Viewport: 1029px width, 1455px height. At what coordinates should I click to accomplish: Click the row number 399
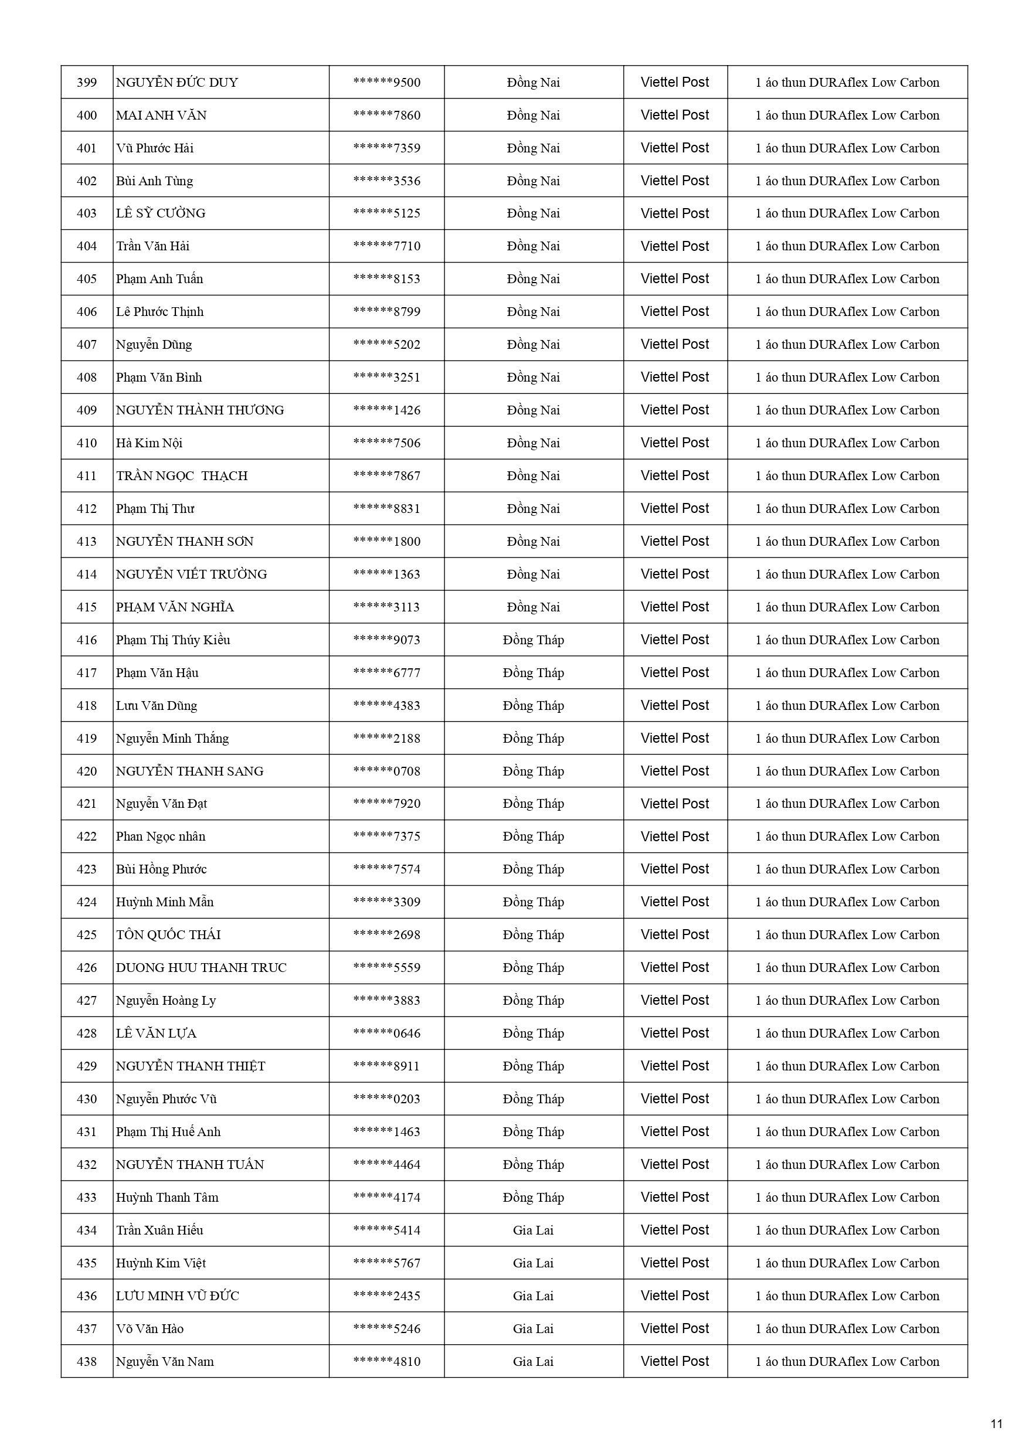tap(87, 83)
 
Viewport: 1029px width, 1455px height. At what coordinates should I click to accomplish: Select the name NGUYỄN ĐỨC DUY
tap(177, 83)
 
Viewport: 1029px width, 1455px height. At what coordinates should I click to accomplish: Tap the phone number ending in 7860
tap(387, 115)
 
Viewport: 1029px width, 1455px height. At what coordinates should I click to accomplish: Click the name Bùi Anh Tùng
tap(154, 181)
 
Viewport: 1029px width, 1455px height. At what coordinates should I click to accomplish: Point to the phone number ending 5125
tap(387, 213)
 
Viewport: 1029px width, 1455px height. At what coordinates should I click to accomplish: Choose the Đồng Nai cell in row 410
tap(533, 443)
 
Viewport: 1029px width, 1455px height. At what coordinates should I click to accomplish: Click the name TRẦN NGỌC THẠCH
tap(181, 476)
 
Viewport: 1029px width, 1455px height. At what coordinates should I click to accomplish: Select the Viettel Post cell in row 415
tap(675, 607)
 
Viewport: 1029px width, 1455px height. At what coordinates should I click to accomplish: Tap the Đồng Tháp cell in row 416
tap(533, 640)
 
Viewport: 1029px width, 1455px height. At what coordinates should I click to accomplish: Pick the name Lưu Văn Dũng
tap(156, 705)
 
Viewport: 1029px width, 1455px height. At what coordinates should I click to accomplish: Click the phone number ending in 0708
tap(387, 771)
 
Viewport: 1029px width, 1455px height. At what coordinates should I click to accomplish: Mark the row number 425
tap(87, 934)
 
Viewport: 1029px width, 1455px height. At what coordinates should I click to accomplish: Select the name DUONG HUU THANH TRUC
tap(201, 968)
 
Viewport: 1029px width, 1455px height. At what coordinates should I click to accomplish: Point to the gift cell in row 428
tap(847, 1034)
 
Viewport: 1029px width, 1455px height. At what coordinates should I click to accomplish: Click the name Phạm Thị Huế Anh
tap(168, 1132)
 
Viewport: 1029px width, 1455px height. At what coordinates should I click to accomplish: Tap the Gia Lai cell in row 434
tap(533, 1230)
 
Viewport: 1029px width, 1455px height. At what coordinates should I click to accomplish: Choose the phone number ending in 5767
tap(387, 1263)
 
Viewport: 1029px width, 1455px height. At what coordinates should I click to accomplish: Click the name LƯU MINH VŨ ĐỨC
tap(177, 1296)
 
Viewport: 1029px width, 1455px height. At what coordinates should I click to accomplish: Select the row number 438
tap(87, 1361)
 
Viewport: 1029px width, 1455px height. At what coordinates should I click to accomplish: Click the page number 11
tap(996, 1424)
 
